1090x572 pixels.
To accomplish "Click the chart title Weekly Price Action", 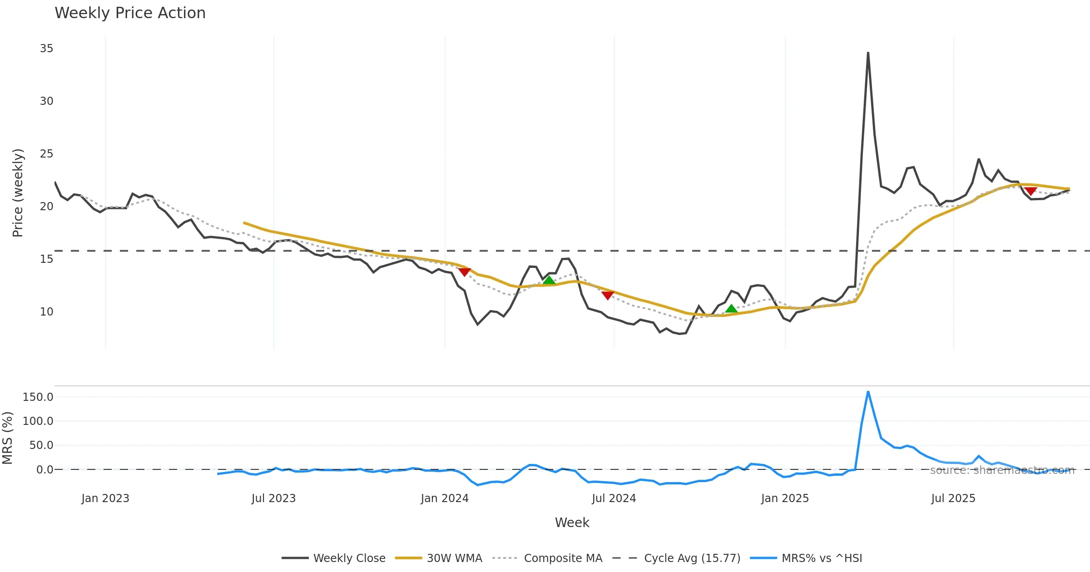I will (x=130, y=13).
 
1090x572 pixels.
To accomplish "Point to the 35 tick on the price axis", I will (x=46, y=48).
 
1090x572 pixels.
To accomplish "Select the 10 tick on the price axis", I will (x=46, y=311).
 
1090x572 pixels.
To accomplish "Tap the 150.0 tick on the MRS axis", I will (x=38, y=397).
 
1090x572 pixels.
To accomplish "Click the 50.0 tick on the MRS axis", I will (x=41, y=445).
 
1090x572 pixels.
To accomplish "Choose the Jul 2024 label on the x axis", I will (x=614, y=498).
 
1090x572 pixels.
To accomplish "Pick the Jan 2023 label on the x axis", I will (x=105, y=498).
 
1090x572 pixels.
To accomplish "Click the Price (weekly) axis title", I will (x=18, y=192).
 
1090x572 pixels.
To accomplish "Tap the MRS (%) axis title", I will (x=7, y=438).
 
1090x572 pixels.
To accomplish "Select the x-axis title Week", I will (x=572, y=523).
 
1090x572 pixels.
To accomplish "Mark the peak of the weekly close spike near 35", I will (x=868, y=53).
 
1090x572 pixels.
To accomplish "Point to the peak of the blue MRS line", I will (x=868, y=391).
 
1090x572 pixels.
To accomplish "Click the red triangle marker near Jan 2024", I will (x=465, y=272).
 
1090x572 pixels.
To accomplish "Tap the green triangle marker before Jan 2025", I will (x=731, y=309).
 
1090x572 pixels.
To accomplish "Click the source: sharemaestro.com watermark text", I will (x=1002, y=470).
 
